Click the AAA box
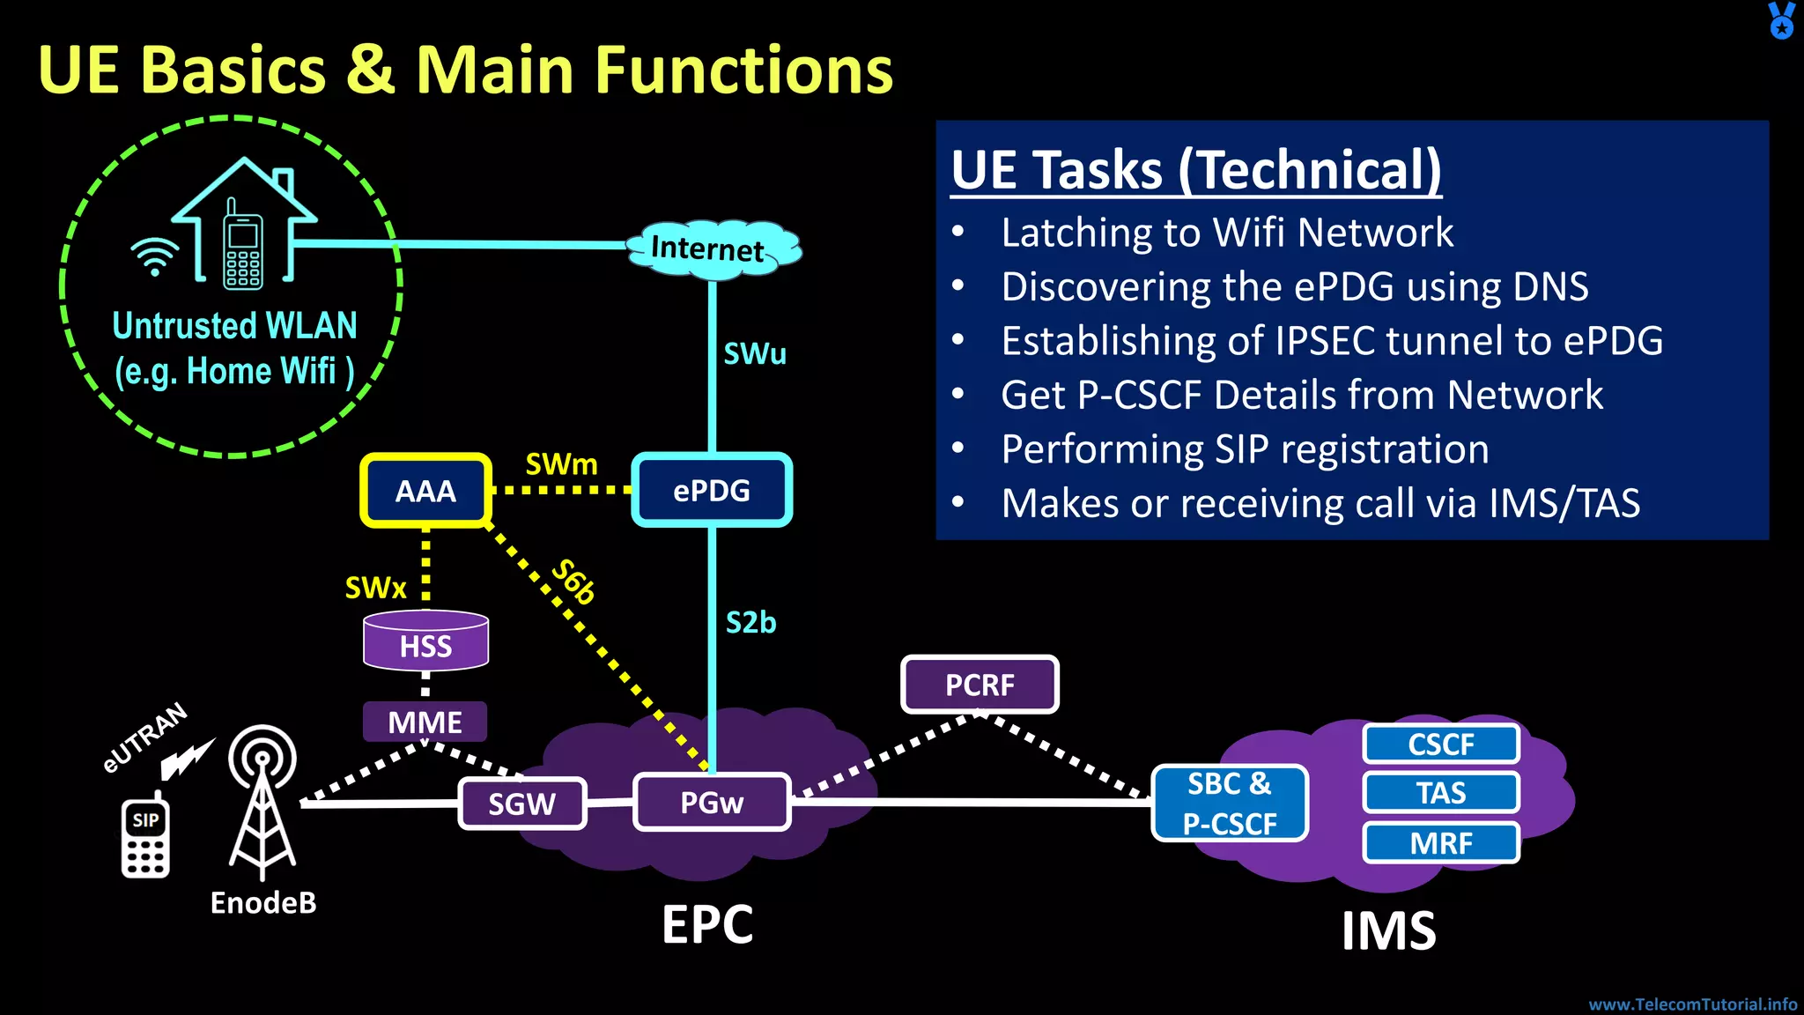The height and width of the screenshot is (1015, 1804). [x=425, y=491]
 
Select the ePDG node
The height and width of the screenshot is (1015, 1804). [x=712, y=491]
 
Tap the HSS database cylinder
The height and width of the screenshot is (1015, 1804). [x=425, y=641]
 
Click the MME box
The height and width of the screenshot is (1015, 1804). [x=425, y=722]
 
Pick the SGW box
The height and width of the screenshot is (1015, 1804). [x=521, y=804]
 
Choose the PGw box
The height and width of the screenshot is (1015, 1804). [x=712, y=802]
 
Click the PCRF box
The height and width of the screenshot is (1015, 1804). [x=980, y=685]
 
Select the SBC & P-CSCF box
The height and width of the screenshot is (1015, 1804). [x=1230, y=803]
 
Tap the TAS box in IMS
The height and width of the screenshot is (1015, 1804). [x=1441, y=793]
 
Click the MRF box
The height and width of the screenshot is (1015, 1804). [x=1441, y=843]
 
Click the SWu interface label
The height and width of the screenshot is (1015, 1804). [x=755, y=354]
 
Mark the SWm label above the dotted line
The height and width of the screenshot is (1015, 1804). [x=561, y=464]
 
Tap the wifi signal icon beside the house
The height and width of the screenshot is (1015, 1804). [x=154, y=256]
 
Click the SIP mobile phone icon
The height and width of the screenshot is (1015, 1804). [x=145, y=839]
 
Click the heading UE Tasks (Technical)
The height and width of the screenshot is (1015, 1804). [x=1196, y=170]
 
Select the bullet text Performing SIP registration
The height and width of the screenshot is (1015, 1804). [x=1245, y=449]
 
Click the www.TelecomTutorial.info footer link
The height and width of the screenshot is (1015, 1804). [x=1692, y=1004]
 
